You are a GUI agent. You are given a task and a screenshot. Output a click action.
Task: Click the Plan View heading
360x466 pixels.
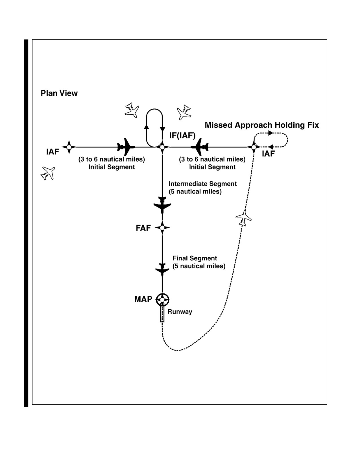tap(59, 93)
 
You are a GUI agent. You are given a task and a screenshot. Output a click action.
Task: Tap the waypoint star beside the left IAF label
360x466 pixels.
tap(69, 147)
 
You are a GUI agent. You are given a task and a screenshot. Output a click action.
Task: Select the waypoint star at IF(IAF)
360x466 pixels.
tap(162, 147)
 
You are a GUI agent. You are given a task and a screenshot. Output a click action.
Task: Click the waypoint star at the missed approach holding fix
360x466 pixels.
tap(254, 147)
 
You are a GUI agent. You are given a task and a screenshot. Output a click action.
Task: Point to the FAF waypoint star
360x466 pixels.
tap(162, 228)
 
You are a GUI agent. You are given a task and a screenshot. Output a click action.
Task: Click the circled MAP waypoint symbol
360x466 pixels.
tap(162, 299)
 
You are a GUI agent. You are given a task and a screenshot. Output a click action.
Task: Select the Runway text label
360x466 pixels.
tap(180, 312)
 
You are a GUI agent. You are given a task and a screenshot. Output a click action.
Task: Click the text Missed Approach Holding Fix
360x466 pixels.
tap(262, 125)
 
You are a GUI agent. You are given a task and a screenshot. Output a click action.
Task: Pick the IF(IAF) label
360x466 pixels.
tap(182, 136)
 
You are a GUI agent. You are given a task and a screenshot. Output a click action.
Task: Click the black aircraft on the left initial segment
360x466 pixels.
tap(126, 147)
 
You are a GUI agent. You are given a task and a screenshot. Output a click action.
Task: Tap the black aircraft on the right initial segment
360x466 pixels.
tap(200, 147)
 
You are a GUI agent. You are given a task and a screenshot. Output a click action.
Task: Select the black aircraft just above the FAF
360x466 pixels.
tap(162, 205)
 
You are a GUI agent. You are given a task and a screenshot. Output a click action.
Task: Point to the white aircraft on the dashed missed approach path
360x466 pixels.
tap(244, 218)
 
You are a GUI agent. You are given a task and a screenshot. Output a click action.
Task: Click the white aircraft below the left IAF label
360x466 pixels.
tap(48, 173)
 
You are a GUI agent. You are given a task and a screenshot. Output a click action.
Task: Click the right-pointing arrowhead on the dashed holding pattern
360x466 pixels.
tap(270, 133)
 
